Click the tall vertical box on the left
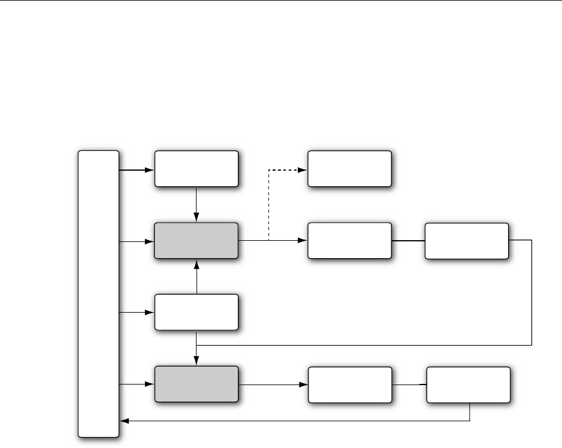point(99,293)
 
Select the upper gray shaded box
point(197,241)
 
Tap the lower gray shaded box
point(197,385)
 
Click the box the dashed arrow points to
point(349,169)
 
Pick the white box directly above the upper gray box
point(197,169)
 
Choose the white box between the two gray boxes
point(197,312)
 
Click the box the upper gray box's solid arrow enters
point(349,241)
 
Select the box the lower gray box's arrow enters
point(349,385)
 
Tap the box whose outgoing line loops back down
point(466,241)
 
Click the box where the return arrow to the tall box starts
point(469,385)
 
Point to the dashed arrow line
point(269,204)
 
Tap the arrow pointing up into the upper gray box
point(197,277)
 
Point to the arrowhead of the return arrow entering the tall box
point(123,421)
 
